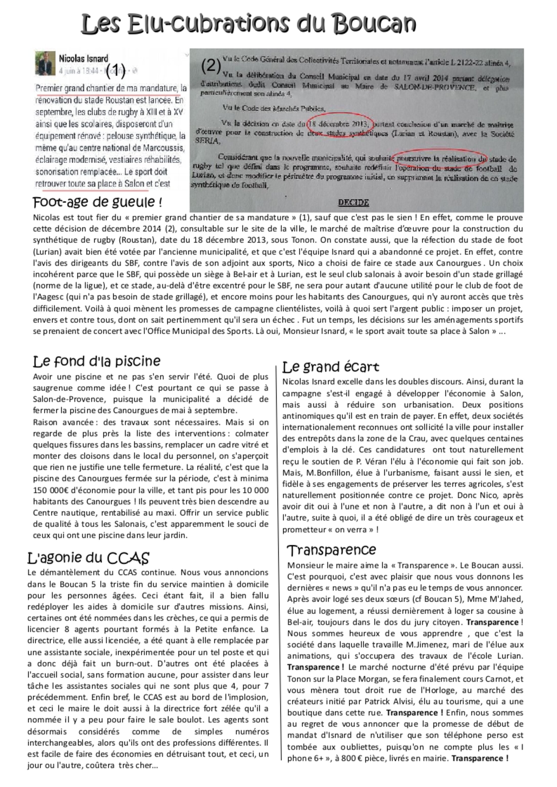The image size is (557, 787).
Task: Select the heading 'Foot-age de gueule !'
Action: pyautogui.click(x=97, y=202)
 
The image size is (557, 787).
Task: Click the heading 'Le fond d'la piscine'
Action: pyautogui.click(x=96, y=361)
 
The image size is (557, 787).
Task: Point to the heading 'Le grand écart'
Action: pyautogui.click(x=330, y=367)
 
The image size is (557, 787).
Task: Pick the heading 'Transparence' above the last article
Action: pyautogui.click(x=331, y=550)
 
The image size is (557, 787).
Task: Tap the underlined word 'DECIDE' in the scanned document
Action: pyautogui.click(x=353, y=203)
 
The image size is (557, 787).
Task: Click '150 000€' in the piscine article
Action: pyautogui.click(x=50, y=490)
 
